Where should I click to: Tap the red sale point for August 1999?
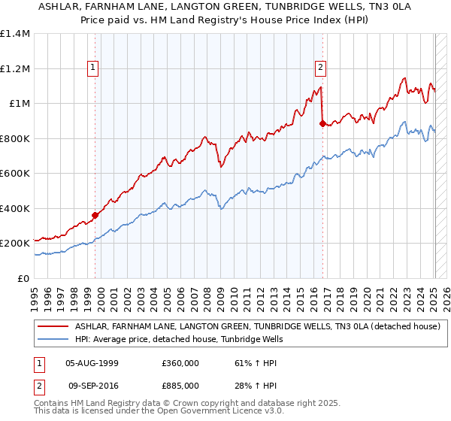pyautogui.click(x=95, y=216)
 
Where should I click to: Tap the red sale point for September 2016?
pyautogui.click(x=322, y=124)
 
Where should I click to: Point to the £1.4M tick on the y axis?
pyautogui.click(x=14, y=34)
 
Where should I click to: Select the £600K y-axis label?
pyautogui.click(x=14, y=174)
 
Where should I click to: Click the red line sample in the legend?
pyautogui.click(x=52, y=326)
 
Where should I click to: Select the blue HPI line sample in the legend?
pyautogui.click(x=52, y=339)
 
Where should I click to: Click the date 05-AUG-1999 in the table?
pyautogui.click(x=92, y=362)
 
